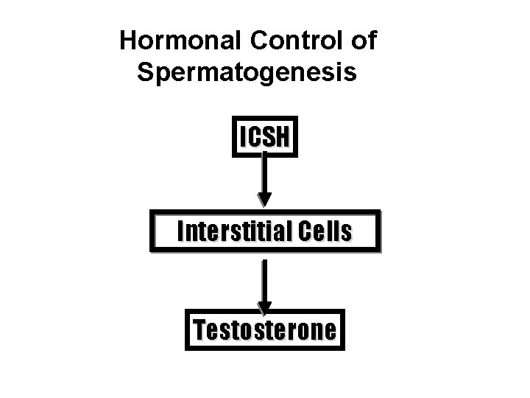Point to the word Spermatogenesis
click(247, 73)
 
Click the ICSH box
click(265, 136)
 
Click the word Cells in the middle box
click(326, 232)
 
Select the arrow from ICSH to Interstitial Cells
click(264, 177)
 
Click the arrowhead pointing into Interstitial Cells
click(264, 199)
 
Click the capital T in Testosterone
click(199, 329)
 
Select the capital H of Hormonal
click(129, 42)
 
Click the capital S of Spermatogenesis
click(146, 73)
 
